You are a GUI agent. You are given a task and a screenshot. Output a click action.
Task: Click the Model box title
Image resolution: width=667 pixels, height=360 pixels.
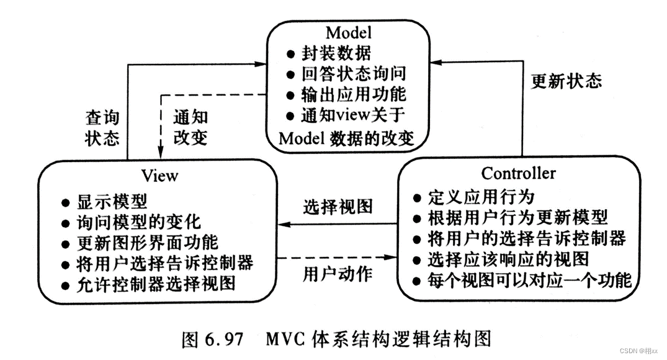(349, 32)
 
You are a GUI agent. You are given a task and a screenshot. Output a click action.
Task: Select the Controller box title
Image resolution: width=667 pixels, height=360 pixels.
(519, 173)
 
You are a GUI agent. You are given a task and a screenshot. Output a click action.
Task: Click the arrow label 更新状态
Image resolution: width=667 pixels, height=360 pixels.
(566, 81)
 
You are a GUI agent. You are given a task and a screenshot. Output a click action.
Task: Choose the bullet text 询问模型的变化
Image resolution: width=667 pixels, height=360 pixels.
(139, 222)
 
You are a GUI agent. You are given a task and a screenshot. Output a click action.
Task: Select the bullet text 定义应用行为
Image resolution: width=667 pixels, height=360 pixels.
(481, 197)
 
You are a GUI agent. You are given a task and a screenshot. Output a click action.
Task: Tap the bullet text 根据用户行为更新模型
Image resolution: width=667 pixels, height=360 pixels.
(517, 217)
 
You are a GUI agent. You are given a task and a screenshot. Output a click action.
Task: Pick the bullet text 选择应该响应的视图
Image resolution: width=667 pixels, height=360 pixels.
(508, 258)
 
